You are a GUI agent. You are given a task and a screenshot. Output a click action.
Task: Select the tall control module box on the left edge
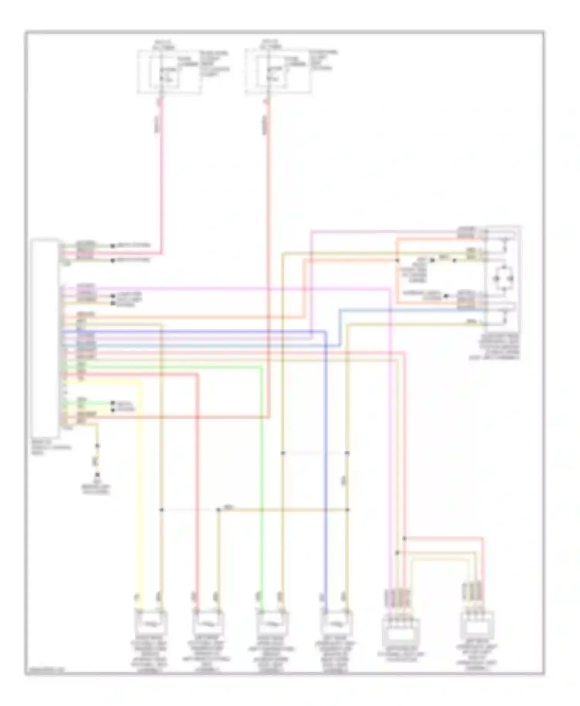pyautogui.click(x=45, y=338)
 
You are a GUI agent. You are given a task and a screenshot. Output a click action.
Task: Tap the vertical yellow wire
pyautogui.click(x=140, y=483)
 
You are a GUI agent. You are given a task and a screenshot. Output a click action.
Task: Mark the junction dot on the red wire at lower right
pyautogui.click(x=404, y=538)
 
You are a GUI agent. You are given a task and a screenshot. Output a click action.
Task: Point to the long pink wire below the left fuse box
pyautogui.click(x=161, y=174)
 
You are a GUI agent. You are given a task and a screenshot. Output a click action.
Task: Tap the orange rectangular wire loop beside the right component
pyautogui.click(x=397, y=278)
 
